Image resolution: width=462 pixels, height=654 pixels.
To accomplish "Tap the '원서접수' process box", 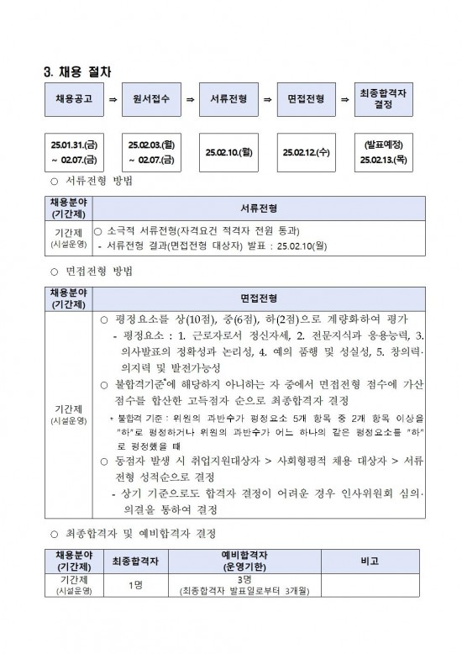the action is click(151, 98).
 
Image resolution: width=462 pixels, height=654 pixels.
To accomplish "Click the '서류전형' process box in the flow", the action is click(228, 98).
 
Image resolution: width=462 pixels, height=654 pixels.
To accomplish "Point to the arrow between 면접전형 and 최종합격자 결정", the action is click(344, 99).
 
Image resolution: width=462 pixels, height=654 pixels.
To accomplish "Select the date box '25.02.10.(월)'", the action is click(228, 153).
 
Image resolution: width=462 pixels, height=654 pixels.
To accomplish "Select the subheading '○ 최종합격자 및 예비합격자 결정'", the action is click(134, 534).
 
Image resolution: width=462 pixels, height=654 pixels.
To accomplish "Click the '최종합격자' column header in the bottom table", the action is click(135, 561).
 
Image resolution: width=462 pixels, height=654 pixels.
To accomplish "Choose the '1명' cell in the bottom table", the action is click(135, 586).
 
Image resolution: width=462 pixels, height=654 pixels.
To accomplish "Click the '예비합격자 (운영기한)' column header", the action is click(244, 561).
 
